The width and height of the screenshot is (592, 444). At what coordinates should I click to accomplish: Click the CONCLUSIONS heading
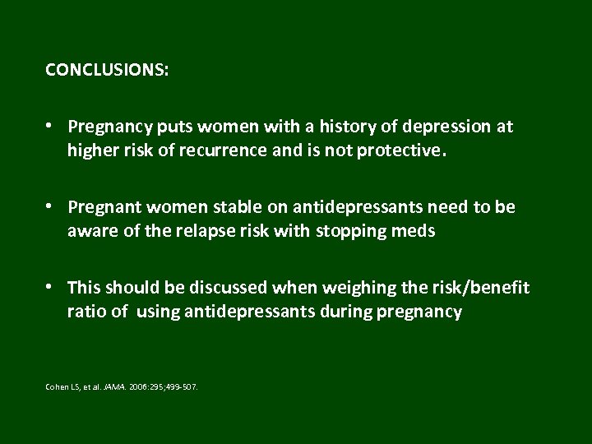point(108,71)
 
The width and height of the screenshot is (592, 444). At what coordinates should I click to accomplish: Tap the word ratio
point(86,312)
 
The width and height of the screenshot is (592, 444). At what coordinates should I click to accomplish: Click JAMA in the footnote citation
point(113,385)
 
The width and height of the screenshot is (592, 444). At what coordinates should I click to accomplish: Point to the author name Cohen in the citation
point(57,385)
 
